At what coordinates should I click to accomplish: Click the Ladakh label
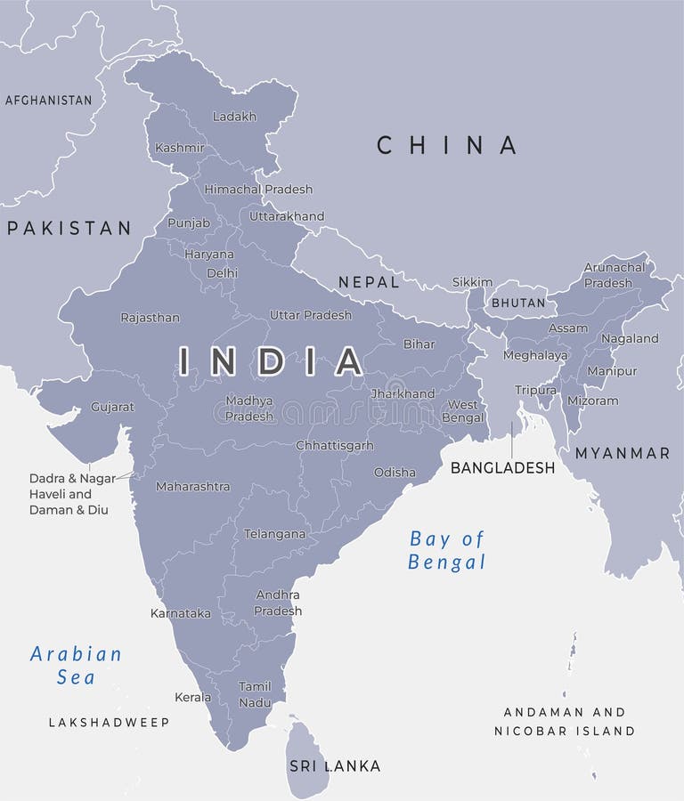pyautogui.click(x=234, y=117)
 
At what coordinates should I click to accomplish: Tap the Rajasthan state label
pyautogui.click(x=150, y=318)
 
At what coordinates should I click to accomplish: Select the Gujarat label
pyautogui.click(x=112, y=407)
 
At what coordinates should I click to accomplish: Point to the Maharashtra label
pyautogui.click(x=192, y=487)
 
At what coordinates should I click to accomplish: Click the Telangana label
pyautogui.click(x=274, y=535)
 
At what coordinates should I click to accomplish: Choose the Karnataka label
pyautogui.click(x=181, y=613)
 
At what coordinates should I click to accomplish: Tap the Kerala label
pyautogui.click(x=193, y=697)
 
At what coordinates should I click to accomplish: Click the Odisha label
pyautogui.click(x=395, y=473)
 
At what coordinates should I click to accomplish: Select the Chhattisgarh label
pyautogui.click(x=335, y=445)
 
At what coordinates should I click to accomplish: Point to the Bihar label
pyautogui.click(x=419, y=344)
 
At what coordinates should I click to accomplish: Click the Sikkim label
pyautogui.click(x=472, y=282)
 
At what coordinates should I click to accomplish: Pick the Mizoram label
pyautogui.click(x=593, y=401)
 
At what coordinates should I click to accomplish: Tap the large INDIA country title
pyautogui.click(x=271, y=360)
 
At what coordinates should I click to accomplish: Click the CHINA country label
pyautogui.click(x=446, y=145)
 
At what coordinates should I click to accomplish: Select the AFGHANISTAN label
pyautogui.click(x=49, y=101)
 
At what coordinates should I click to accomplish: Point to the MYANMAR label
pyautogui.click(x=622, y=453)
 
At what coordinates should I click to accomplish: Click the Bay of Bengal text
pyautogui.click(x=447, y=550)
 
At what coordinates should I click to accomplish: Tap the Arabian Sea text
pyautogui.click(x=76, y=665)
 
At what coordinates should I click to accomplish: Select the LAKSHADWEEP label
pyautogui.click(x=109, y=723)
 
